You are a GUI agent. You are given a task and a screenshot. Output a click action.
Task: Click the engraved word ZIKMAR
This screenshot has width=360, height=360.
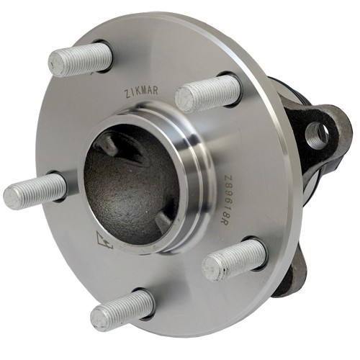[x=141, y=91]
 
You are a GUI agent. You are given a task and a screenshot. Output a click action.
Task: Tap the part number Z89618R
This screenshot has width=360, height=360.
[x=225, y=199]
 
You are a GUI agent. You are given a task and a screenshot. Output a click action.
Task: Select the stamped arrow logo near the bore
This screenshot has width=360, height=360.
[x=104, y=240]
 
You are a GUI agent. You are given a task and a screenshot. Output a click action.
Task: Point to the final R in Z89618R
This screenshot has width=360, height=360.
[x=223, y=222]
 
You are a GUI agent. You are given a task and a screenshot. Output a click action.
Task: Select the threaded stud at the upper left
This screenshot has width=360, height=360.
[x=80, y=60]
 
